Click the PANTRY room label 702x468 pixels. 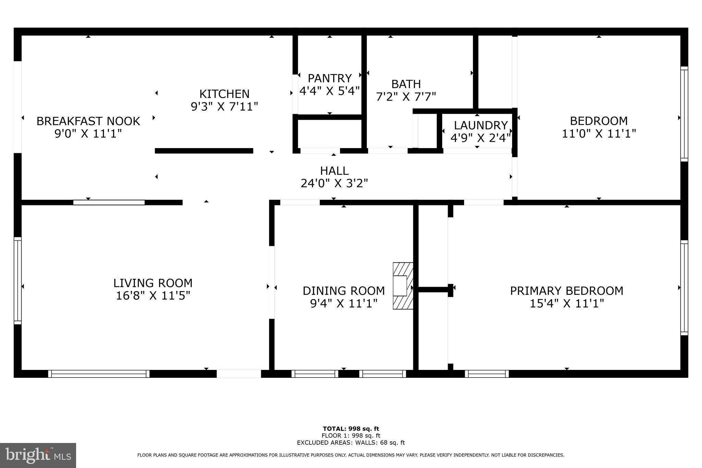[x=329, y=78]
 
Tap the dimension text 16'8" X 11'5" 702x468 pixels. [x=153, y=295]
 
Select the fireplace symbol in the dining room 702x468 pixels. [x=403, y=286]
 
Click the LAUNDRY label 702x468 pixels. [x=481, y=125]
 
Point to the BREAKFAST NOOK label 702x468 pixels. [x=88, y=121]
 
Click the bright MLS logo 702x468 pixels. [x=38, y=455]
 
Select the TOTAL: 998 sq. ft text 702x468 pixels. [x=351, y=429]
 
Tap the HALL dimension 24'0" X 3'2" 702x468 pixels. [x=334, y=183]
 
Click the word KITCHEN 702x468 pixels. [x=224, y=94]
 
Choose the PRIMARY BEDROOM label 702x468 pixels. [x=567, y=291]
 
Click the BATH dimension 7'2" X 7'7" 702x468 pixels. [x=406, y=97]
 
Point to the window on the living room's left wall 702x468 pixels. [x=17, y=280]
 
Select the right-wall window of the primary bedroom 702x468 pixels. [x=684, y=288]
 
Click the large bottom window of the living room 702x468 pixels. [x=99, y=374]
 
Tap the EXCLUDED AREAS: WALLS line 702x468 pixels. [x=351, y=443]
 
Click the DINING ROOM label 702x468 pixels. [x=343, y=291]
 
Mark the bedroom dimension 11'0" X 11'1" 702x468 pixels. [x=598, y=133]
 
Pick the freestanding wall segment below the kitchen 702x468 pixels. [x=204, y=151]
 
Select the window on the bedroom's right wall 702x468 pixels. [x=684, y=114]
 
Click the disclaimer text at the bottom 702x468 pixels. [x=351, y=455]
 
